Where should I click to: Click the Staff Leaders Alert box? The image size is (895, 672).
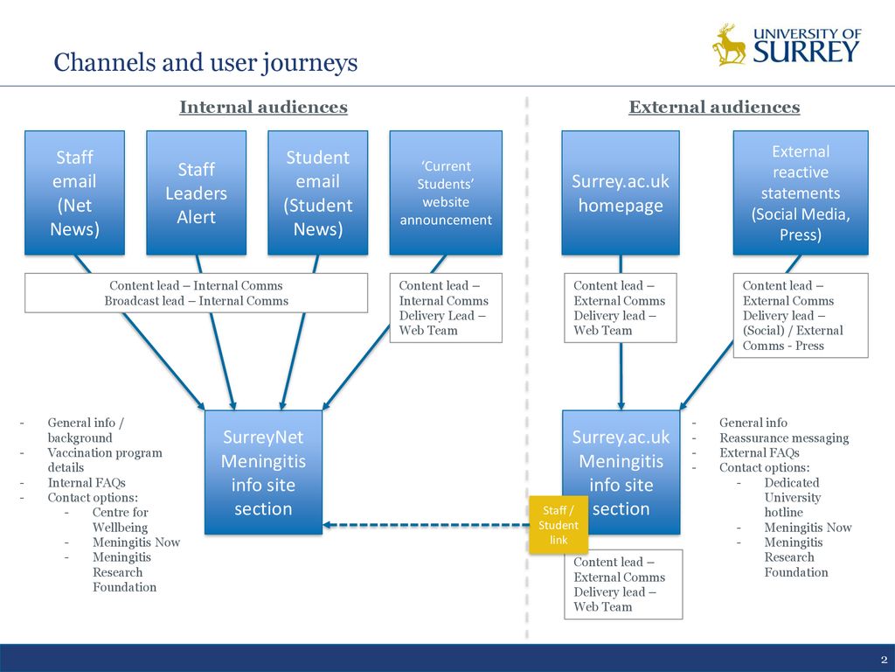(x=197, y=192)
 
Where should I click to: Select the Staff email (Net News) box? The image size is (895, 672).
(x=75, y=192)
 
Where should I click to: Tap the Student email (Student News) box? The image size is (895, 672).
(x=318, y=192)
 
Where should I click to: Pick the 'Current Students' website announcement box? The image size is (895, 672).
(x=446, y=192)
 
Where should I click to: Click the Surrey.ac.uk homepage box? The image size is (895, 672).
(x=621, y=192)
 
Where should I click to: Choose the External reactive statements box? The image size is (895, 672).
(x=801, y=192)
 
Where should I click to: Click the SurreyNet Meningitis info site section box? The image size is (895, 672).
(x=263, y=472)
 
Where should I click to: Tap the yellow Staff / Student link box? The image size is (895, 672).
(x=559, y=525)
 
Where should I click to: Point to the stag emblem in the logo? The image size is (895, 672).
(x=729, y=45)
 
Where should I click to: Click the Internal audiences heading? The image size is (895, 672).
(x=263, y=107)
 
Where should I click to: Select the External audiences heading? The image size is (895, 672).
(x=714, y=107)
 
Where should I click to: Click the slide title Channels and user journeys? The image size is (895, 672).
(x=205, y=62)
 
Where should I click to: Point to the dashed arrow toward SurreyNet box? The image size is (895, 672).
(x=426, y=525)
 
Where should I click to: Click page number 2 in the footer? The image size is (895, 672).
(x=884, y=660)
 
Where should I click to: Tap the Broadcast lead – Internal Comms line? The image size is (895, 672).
(x=197, y=301)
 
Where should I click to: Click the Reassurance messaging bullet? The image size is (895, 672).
(x=784, y=437)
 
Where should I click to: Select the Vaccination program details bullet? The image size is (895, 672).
(x=105, y=460)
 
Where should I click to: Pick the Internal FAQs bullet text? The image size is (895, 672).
(x=87, y=483)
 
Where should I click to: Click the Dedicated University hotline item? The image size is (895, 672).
(x=792, y=498)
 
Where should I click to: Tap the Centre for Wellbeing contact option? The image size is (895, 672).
(x=120, y=520)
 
